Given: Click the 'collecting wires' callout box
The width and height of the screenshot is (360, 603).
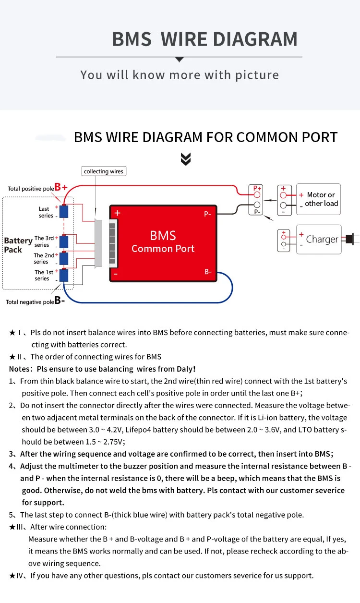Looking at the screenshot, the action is click(x=104, y=171).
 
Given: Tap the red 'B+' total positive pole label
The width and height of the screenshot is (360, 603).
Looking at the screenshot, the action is click(x=61, y=187).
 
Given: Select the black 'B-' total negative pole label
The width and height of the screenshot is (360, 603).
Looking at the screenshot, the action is click(x=60, y=300).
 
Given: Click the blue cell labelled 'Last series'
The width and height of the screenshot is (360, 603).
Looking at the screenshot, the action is click(x=64, y=211).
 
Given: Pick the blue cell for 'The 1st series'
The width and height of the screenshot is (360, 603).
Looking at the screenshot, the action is click(x=64, y=275).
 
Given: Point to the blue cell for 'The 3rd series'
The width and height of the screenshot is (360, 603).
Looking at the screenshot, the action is click(x=64, y=241).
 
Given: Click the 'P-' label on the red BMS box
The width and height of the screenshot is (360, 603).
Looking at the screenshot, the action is click(x=207, y=214).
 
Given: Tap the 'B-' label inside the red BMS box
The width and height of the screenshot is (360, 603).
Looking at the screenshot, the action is click(x=208, y=272).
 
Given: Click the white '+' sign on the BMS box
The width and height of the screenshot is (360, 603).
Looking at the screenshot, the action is click(x=118, y=213).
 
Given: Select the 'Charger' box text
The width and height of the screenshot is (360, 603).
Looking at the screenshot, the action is click(x=322, y=239).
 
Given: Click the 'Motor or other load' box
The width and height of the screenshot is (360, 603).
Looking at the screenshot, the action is click(x=318, y=199).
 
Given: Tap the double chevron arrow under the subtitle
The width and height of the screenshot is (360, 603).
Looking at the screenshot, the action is click(x=186, y=159).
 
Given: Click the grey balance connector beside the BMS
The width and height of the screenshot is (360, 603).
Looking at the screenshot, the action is click(x=98, y=243).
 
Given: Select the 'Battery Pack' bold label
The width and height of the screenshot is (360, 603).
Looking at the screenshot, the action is click(x=18, y=245).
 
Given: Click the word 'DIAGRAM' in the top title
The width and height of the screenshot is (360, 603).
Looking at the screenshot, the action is click(x=255, y=39).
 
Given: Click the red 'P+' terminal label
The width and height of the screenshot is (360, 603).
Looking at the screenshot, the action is click(x=257, y=188).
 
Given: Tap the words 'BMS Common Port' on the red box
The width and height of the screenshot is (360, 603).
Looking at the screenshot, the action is click(x=163, y=242).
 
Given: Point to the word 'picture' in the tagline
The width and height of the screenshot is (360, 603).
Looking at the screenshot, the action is click(x=257, y=75).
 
